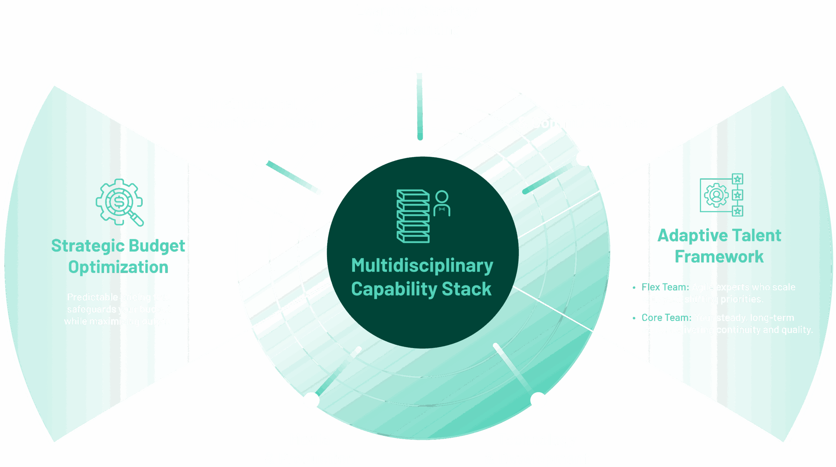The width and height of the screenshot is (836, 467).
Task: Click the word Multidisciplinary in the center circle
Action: pyautogui.click(x=422, y=266)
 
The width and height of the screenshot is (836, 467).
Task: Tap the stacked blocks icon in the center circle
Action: pyautogui.click(x=413, y=216)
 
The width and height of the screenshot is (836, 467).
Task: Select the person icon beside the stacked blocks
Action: pyautogui.click(x=442, y=203)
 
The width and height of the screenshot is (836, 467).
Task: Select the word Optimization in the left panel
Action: pyautogui.click(x=118, y=267)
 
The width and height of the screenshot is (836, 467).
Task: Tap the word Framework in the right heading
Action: pyautogui.click(x=719, y=257)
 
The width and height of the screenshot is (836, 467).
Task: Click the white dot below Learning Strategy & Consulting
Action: pyautogui.click(x=419, y=65)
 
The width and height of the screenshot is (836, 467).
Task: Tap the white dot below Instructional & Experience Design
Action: pyautogui.click(x=261, y=158)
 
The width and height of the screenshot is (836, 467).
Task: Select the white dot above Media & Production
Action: pyautogui.click(x=311, y=400)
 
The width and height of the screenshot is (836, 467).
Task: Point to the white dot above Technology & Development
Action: pyautogui.click(x=538, y=400)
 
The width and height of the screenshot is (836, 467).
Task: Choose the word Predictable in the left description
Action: pyautogui.click(x=92, y=297)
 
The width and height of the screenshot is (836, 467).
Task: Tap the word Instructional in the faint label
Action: pyautogui.click(x=253, y=105)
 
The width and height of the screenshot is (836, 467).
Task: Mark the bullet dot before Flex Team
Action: pyautogui.click(x=634, y=288)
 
